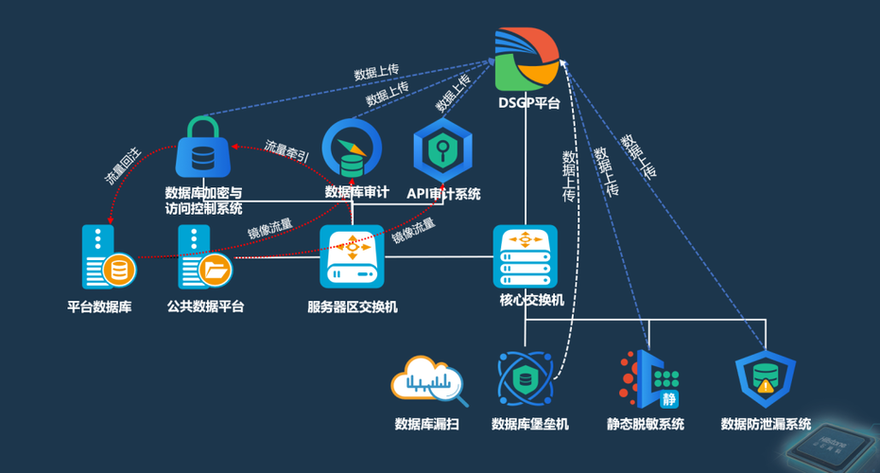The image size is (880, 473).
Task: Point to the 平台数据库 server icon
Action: pyautogui.click(x=106, y=257)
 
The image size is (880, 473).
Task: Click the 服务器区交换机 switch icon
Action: pyautogui.click(x=352, y=256)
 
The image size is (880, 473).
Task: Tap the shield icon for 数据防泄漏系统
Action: pyautogui.click(x=766, y=379)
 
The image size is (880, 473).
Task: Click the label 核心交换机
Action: pyautogui.click(x=531, y=300)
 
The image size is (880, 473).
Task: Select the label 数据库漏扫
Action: pyautogui.click(x=427, y=424)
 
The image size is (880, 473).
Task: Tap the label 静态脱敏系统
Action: pyautogui.click(x=646, y=424)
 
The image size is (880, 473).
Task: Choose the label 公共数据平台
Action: pyautogui.click(x=205, y=307)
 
